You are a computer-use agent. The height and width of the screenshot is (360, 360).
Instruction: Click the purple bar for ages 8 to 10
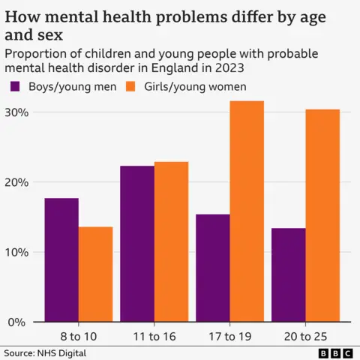[61, 259]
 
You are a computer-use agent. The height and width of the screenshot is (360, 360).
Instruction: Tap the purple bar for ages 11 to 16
[137, 244]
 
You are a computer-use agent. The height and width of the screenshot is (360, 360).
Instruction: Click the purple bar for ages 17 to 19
[213, 268]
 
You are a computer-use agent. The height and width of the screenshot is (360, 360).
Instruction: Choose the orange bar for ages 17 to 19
[247, 211]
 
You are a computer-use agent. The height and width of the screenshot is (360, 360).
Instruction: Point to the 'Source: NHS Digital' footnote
[45, 352]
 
